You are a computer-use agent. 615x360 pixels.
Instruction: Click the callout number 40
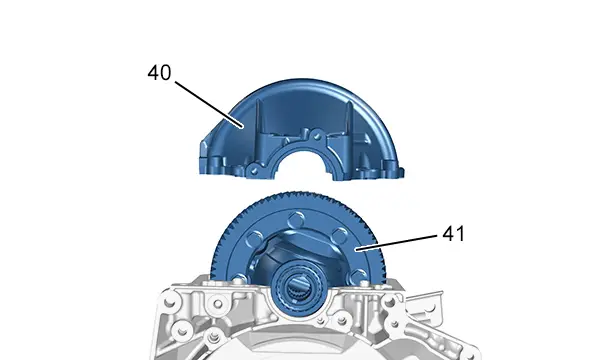coord(160,73)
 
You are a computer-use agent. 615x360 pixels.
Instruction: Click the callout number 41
coord(453,234)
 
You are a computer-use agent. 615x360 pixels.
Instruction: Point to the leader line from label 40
coord(208,104)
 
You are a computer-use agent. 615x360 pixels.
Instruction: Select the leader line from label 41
coord(396,242)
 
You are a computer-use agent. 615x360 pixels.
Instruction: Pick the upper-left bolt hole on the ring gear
coord(254,238)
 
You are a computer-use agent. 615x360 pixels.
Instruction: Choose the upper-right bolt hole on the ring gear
coord(340,236)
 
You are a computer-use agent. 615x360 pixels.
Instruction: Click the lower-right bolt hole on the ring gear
coord(358,276)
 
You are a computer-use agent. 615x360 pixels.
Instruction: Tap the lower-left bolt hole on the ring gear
coord(239,280)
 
